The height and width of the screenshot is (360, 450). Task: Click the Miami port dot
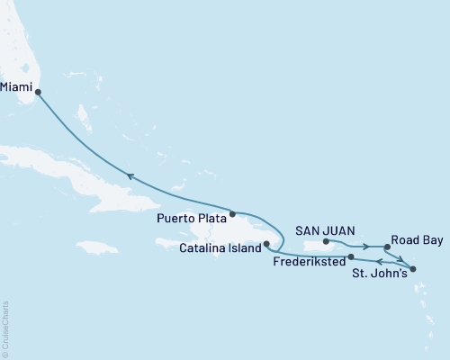click(37, 90)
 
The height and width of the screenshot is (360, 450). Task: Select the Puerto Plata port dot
click(232, 214)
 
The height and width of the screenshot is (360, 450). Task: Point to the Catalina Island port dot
click(265, 244)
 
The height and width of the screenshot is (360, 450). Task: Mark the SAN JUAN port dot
click(326, 241)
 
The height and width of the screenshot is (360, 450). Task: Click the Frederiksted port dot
click(350, 256)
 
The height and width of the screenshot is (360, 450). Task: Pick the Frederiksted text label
click(307, 263)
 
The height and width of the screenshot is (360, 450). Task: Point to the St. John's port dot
click(413, 268)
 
